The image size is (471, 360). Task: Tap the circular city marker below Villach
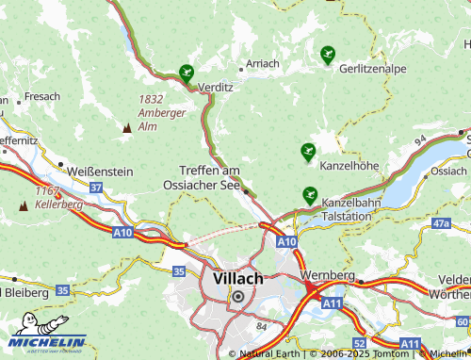point(237,296)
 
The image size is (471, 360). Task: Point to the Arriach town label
point(262,63)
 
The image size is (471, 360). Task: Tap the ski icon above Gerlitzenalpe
point(327,55)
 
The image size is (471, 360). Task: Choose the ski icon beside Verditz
point(187,72)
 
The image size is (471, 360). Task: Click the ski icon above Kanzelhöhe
point(308,151)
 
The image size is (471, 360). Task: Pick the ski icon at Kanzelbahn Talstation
point(309,196)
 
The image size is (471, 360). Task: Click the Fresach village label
point(42,96)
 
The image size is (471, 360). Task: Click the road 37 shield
point(96,188)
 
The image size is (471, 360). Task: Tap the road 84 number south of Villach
point(261,326)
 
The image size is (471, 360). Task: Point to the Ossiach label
point(447,172)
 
